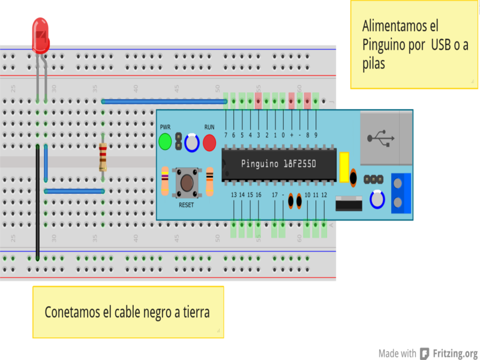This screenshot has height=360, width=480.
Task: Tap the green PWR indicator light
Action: pyautogui.click(x=166, y=142)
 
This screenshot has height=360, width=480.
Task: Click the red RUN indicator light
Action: pyautogui.click(x=209, y=143)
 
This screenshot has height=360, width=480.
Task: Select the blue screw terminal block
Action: pyautogui.click(x=401, y=193)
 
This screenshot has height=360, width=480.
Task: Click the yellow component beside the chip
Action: pyautogui.click(x=344, y=167)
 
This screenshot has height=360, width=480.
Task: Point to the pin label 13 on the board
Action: pyautogui.click(x=234, y=195)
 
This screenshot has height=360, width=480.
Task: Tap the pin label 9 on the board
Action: pyautogui.click(x=316, y=135)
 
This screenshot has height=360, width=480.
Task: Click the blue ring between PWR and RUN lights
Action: pyautogui.click(x=192, y=143)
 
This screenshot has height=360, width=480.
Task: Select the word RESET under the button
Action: pyautogui.click(x=187, y=205)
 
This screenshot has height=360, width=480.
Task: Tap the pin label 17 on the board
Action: pyautogui.click(x=275, y=195)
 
